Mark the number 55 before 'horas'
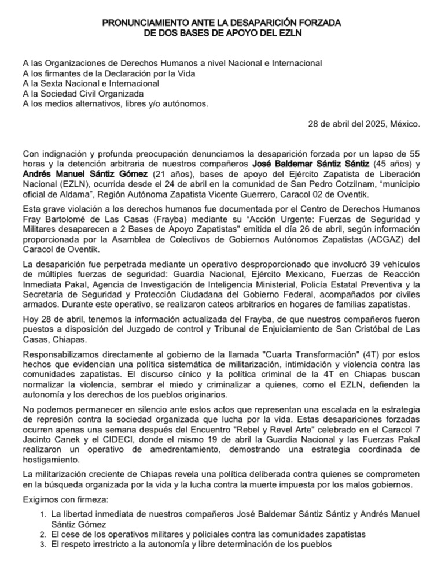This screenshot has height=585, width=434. pos(412,154)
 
